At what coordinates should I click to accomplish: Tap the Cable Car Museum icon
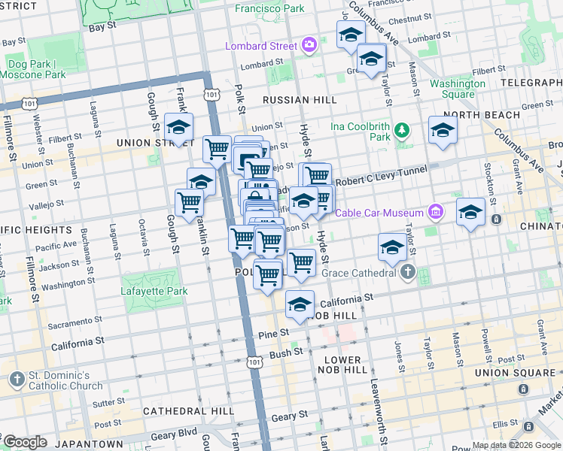[435, 213]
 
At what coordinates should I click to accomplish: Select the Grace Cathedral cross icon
[407, 272]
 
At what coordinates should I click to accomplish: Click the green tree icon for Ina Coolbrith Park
[403, 132]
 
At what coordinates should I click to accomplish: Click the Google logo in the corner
[25, 442]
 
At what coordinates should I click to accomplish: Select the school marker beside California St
[300, 304]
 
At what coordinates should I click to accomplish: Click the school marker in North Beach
[443, 130]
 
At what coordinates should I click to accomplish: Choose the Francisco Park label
[269, 9]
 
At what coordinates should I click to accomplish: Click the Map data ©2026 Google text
[516, 445]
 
